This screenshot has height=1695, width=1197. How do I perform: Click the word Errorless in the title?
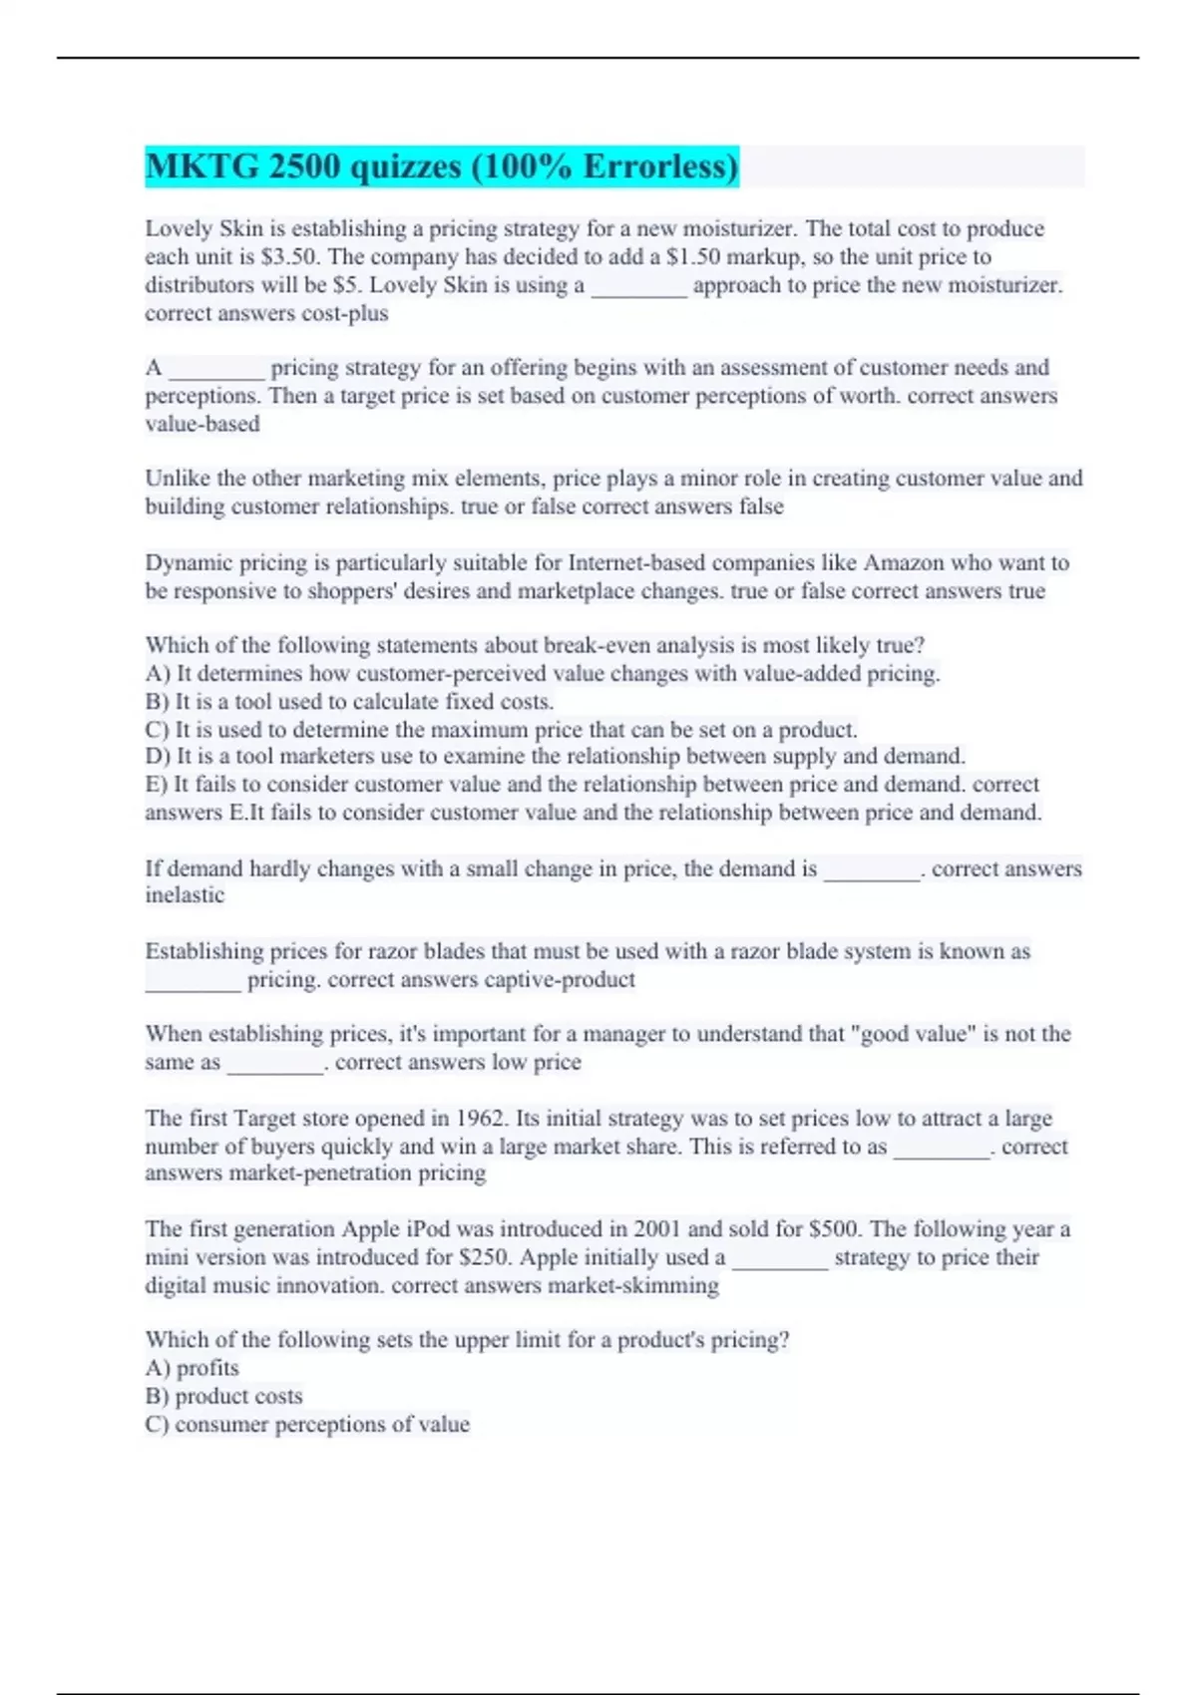659,167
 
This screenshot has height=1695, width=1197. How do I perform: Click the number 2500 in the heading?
303,167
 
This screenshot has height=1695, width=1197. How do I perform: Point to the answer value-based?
202,424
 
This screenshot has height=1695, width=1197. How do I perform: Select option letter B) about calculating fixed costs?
158,701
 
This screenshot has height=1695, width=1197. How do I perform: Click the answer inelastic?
185,895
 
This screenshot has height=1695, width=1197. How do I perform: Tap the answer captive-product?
560,980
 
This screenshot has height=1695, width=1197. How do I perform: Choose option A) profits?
193,1368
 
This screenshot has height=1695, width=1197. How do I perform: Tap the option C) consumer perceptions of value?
307,1424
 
